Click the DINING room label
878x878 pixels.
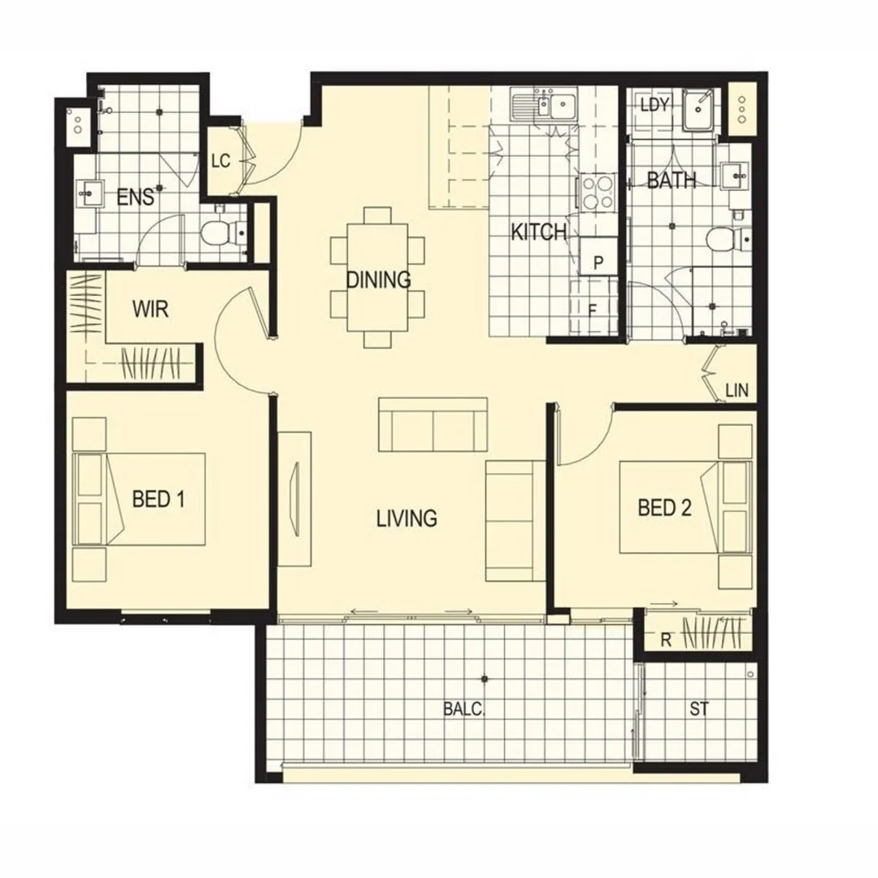[378, 280]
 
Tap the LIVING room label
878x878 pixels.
[406, 518]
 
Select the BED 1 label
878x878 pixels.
[158, 499]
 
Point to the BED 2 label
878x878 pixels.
[664, 509]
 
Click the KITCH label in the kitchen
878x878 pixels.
[538, 233]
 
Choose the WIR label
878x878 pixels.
[150, 310]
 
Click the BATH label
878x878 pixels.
[672, 180]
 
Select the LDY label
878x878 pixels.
[654, 105]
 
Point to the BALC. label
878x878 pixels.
[463, 709]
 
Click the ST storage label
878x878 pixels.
[699, 709]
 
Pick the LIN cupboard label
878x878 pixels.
[737, 392]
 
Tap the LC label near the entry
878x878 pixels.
[220, 161]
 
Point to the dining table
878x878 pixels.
[378, 277]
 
